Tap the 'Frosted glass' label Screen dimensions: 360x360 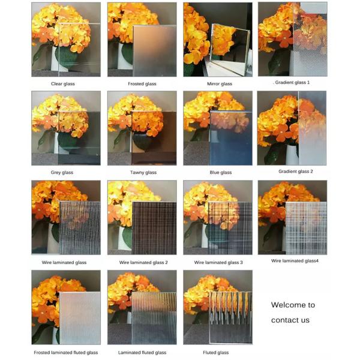(x=142, y=83)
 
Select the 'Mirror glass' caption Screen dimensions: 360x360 (x=218, y=83)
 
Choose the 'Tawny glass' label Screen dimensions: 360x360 (x=142, y=172)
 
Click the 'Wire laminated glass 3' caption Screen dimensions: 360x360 (x=218, y=262)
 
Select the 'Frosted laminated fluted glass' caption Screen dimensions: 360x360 (x=66, y=352)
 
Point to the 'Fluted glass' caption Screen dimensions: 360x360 (x=215, y=352)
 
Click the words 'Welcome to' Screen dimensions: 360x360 (x=293, y=305)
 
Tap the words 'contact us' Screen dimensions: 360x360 (x=290, y=320)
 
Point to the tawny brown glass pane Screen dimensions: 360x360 (x=155, y=138)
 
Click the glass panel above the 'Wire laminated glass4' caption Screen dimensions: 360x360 (x=306, y=228)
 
